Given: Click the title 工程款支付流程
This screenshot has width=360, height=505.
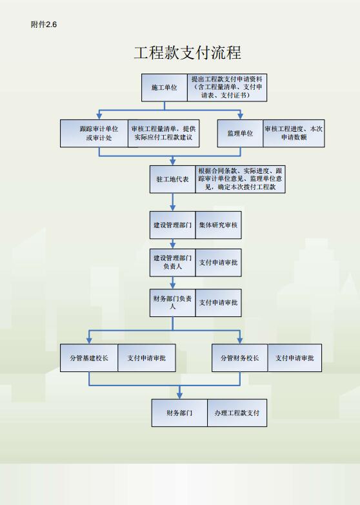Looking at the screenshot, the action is [188, 52].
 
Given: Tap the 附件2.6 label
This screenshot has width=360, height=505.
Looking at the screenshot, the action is [44, 25].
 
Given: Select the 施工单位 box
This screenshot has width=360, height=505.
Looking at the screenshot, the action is [165, 88].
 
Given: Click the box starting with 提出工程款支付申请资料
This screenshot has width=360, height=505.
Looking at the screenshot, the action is [227, 88].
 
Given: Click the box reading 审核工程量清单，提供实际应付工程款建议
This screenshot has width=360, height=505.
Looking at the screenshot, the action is [163, 133].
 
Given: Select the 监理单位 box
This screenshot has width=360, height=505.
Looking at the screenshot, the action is [240, 133].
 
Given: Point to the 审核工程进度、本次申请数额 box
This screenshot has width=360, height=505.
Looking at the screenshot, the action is [294, 133].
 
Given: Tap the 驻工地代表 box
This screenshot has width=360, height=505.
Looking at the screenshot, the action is [172, 180].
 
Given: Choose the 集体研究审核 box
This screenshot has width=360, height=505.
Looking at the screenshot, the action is [218, 225].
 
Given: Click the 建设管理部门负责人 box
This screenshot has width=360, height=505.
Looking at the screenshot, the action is [172, 262].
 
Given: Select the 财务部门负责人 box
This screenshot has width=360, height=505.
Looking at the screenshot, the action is [172, 303].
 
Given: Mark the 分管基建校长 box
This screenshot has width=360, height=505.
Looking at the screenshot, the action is [89, 358].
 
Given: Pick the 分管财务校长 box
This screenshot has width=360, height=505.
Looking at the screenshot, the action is [240, 358].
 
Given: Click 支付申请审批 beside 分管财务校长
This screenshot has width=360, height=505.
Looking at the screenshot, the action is [295, 358].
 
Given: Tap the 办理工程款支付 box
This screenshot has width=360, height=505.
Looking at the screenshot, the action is [237, 413].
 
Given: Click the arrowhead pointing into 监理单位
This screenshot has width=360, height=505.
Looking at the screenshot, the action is [240, 116].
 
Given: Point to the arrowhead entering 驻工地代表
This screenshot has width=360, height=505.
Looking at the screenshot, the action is [173, 162].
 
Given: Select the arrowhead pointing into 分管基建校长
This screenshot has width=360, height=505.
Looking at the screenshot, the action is [89, 340].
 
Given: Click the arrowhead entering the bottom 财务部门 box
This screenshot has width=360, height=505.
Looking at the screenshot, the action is [179, 396].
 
